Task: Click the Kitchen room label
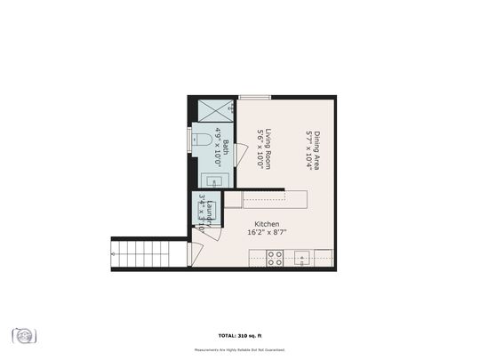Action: coord(268,224)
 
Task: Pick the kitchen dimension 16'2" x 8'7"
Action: coord(267,233)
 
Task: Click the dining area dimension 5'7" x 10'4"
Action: coord(308,150)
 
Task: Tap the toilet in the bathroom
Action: coord(200,140)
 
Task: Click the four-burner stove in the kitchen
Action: coord(276,258)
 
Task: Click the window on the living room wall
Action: coord(254,97)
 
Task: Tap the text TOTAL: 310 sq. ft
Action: coord(240,334)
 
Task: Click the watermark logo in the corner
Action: coord(24,335)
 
